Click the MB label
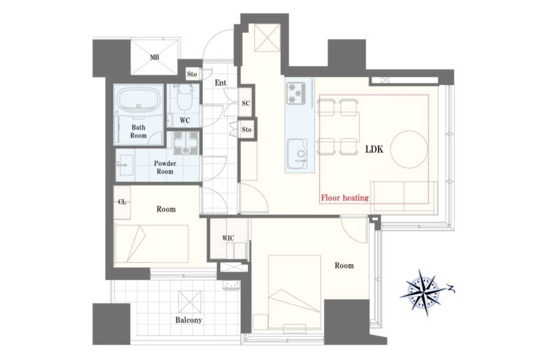[154, 57]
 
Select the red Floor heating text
[345, 198]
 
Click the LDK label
[374, 150]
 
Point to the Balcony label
[189, 320]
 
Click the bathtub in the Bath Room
[138, 100]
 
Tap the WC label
[184, 120]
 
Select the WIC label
[228, 238]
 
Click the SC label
[246, 103]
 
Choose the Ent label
[220, 83]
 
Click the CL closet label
[122, 202]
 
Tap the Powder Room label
[165, 167]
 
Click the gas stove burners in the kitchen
[296, 93]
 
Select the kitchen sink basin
[297, 154]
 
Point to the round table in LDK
[409, 150]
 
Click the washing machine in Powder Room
[186, 143]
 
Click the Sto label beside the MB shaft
[192, 74]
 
